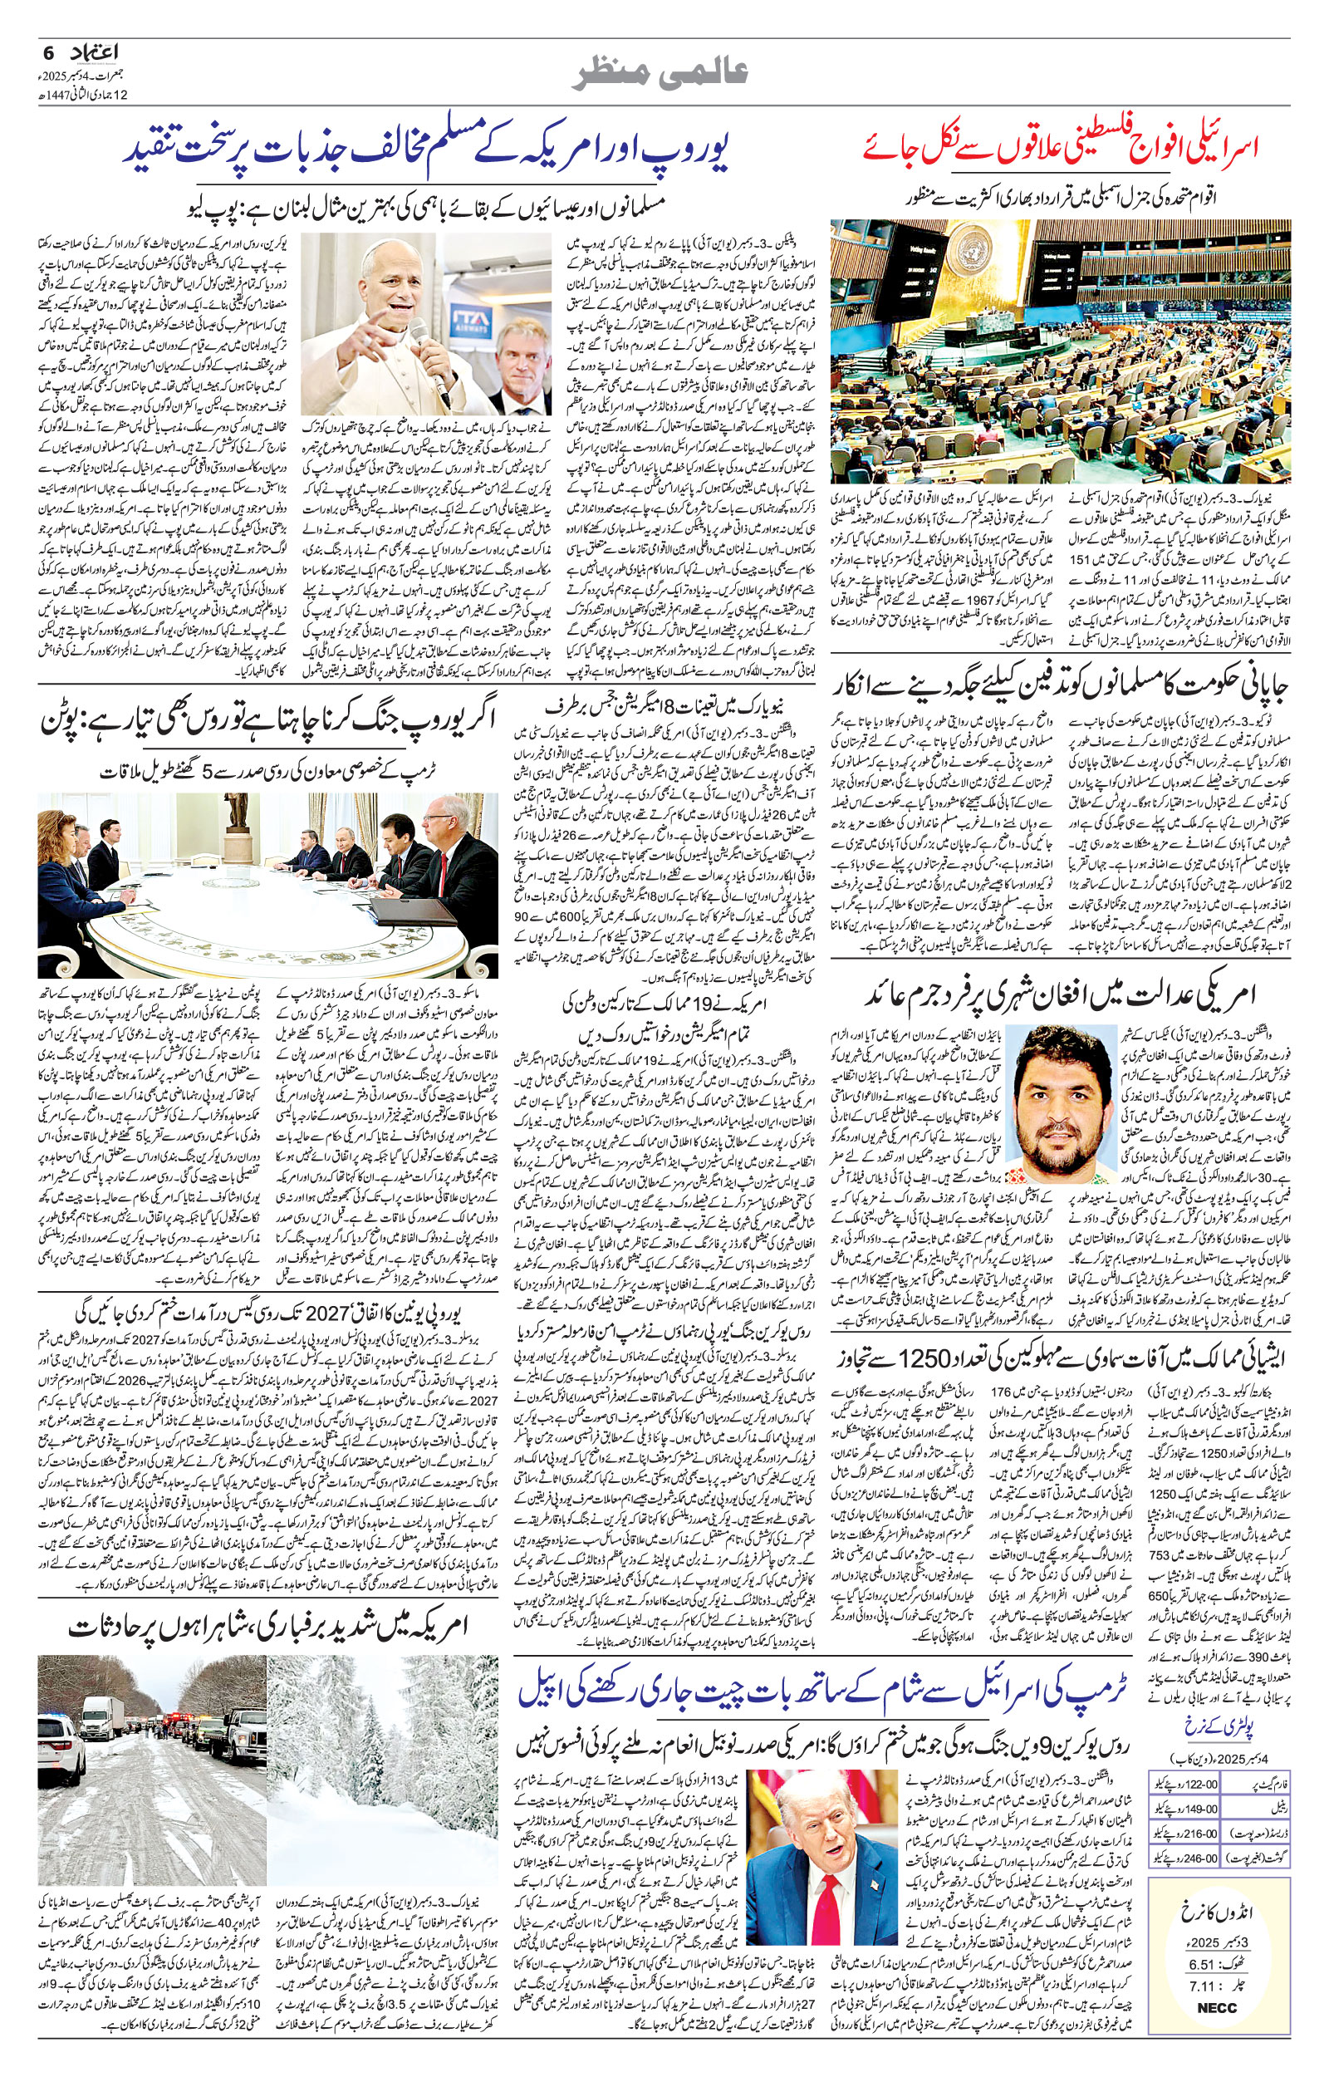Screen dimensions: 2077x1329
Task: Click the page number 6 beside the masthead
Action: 47,52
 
